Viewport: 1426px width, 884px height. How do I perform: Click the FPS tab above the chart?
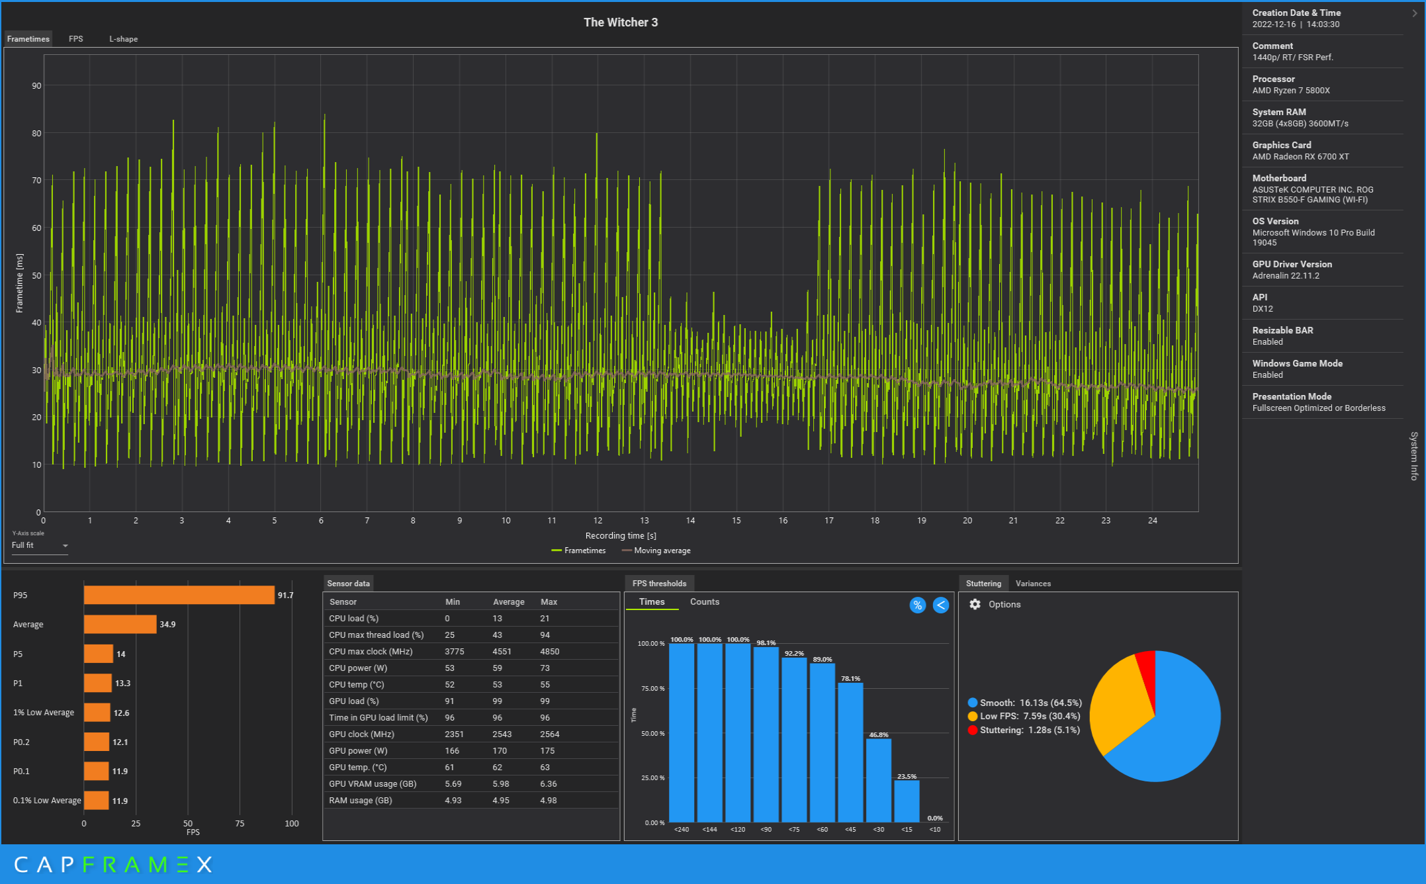(76, 39)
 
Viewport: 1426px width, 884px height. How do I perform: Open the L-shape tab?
(123, 39)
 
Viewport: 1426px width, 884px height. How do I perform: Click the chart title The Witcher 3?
(620, 22)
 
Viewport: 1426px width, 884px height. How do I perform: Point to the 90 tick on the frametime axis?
(36, 86)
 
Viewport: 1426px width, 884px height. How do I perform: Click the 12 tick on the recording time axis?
(598, 521)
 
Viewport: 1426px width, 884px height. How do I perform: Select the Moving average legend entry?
(661, 551)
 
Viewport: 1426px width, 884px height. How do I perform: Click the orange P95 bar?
(179, 595)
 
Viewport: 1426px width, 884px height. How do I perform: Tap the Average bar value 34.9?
(167, 625)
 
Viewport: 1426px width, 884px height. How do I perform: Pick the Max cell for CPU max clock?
(550, 652)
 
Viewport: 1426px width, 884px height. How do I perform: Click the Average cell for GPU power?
(500, 751)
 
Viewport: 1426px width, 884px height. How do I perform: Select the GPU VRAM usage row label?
(373, 784)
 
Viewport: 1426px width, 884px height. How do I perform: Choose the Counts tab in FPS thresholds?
(704, 602)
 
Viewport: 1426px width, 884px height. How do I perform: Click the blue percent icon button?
(917, 605)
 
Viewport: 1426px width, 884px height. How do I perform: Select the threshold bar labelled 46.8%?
(879, 781)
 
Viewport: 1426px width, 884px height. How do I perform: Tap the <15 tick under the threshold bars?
(907, 830)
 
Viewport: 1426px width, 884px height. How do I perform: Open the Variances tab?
(1033, 584)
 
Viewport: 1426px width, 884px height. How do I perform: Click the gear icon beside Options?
(975, 605)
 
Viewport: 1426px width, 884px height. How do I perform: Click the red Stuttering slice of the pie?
(1147, 668)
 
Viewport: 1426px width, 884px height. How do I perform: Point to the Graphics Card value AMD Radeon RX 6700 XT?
(1300, 157)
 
